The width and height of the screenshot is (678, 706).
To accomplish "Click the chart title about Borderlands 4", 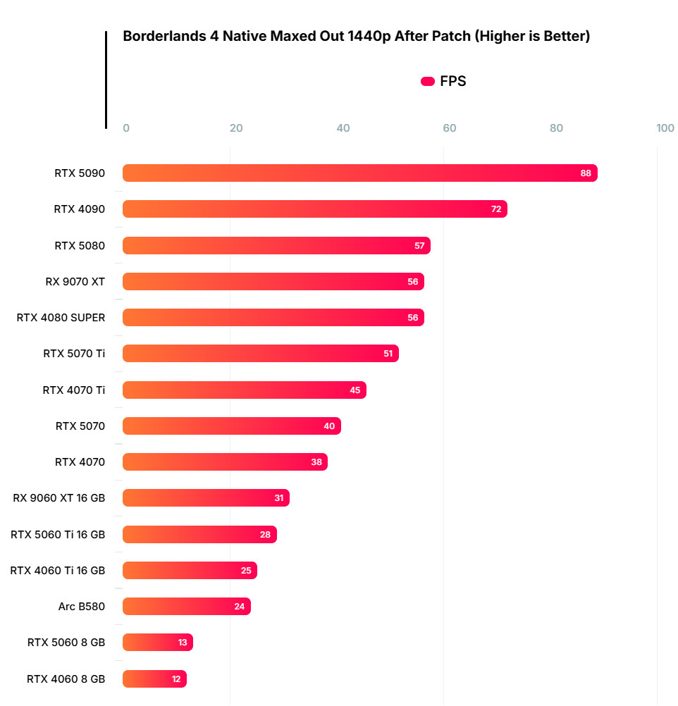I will tap(356, 37).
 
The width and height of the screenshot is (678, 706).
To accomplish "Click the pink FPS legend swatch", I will tap(427, 81).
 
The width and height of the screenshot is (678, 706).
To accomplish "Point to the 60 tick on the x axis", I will tap(449, 128).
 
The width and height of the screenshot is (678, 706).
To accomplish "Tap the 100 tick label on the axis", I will tap(665, 128).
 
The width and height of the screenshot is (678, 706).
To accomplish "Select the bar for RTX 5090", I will tap(359, 173).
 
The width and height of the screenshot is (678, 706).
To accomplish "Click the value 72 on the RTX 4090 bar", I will tap(496, 209).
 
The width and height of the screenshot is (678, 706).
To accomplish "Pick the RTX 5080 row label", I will tap(80, 246).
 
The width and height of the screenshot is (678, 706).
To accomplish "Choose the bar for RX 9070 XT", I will tap(273, 282).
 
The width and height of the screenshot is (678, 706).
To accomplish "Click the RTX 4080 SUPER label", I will tap(61, 318).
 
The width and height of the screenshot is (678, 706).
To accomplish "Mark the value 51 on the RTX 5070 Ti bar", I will tap(388, 354).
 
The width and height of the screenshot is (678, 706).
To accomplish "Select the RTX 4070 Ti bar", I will tap(245, 390).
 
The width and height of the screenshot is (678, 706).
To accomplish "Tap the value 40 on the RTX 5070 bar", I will tap(330, 426).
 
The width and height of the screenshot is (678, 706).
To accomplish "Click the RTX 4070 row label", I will tap(80, 462).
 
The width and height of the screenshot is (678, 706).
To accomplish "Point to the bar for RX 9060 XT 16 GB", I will tap(206, 498).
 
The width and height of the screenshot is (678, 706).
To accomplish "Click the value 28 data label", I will tap(266, 535).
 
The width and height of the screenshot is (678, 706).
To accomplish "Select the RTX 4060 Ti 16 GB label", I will tap(58, 571).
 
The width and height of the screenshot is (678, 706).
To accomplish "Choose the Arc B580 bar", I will tap(187, 607).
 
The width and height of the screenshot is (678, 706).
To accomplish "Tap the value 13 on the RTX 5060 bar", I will tap(183, 643).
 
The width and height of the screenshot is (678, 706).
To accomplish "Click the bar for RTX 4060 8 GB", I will tap(154, 679).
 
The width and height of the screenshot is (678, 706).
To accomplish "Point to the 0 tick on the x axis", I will tap(126, 128).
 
